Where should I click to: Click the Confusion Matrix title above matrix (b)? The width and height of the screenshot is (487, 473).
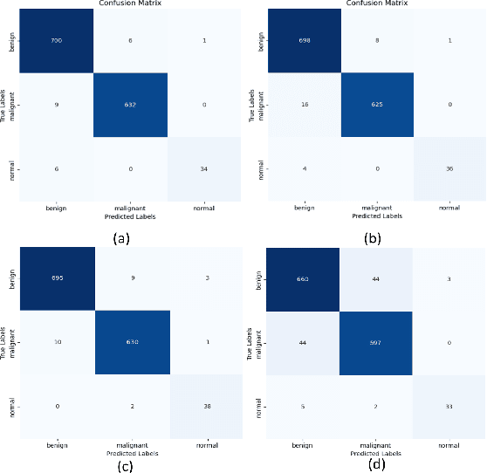point(374,4)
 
